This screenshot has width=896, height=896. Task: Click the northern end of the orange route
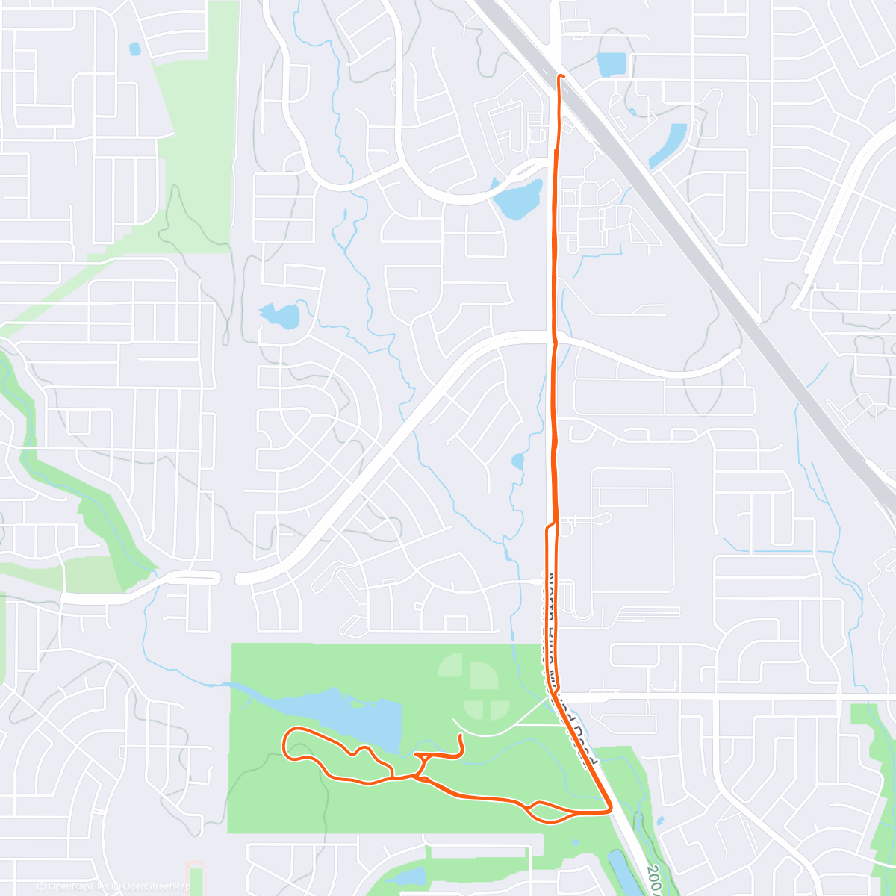[x=560, y=76]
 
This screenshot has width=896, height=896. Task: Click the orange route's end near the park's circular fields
[x=461, y=737]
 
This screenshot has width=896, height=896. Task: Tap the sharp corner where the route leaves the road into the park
[x=611, y=809]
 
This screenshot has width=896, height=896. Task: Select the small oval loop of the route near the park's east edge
[x=550, y=812]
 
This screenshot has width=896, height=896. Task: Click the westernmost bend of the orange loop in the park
[x=284, y=743]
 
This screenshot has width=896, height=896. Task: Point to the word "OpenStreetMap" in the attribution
[x=157, y=887]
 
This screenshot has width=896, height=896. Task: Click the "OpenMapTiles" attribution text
[x=78, y=887]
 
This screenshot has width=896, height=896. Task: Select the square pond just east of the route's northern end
[x=612, y=65]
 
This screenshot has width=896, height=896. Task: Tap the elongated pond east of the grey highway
[x=668, y=146]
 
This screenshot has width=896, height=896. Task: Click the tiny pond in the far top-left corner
[x=134, y=49]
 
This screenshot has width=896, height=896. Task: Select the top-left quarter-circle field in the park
[x=450, y=665]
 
